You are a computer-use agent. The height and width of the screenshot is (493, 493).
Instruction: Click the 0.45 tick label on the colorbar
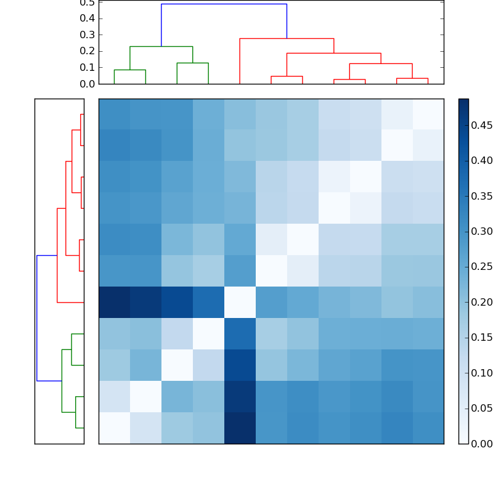481,126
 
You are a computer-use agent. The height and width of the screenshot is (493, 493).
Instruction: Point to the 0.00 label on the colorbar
481,444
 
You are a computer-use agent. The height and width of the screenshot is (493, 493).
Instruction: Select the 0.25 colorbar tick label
481,267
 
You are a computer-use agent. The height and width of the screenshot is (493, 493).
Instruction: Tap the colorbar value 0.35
481,197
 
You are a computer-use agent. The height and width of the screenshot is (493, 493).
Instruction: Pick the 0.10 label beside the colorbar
481,373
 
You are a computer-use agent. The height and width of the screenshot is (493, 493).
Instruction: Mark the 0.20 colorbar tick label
481,302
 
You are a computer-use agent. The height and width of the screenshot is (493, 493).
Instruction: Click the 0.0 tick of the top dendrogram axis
88,84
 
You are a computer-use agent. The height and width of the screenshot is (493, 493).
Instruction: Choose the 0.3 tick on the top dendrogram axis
88,35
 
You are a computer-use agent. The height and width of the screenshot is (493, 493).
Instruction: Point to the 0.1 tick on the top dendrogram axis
88,67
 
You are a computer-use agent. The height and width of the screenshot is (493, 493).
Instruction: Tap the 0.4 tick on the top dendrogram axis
88,18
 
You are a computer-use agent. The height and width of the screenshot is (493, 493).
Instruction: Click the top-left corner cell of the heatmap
114,114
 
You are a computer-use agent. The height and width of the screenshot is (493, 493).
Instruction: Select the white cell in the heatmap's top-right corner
428,114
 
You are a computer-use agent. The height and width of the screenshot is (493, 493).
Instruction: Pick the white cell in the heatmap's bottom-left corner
114,428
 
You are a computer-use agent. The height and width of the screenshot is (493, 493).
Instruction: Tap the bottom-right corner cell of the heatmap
428,428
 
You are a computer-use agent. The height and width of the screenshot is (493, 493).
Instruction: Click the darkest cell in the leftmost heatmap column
114,302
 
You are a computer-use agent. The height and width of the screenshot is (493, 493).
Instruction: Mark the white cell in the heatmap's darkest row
240,302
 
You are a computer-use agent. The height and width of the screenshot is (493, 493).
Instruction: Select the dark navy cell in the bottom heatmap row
240,428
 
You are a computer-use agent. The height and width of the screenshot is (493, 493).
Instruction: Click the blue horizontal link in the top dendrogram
224,4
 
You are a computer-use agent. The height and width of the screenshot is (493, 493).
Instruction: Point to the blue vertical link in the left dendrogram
37,318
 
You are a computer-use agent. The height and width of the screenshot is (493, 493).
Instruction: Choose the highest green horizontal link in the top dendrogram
161,46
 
